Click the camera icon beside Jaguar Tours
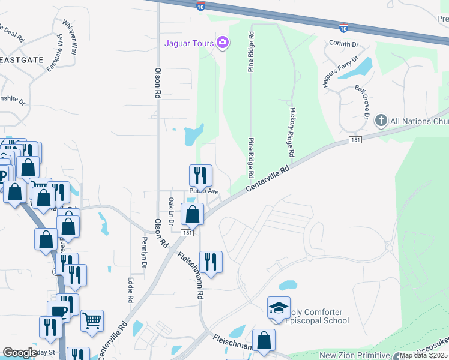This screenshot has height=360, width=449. point(223,42)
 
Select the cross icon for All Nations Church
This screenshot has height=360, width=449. point(380,121)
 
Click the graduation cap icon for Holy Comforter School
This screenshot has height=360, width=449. point(279,308)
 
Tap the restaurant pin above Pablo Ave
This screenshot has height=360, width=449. point(200,175)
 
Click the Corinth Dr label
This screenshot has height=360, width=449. point(343,44)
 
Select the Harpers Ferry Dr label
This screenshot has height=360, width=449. point(340,71)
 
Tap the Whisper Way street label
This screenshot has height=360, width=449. point(70,37)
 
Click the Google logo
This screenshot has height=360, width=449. point(20,353)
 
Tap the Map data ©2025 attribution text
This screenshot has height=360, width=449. point(423,355)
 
